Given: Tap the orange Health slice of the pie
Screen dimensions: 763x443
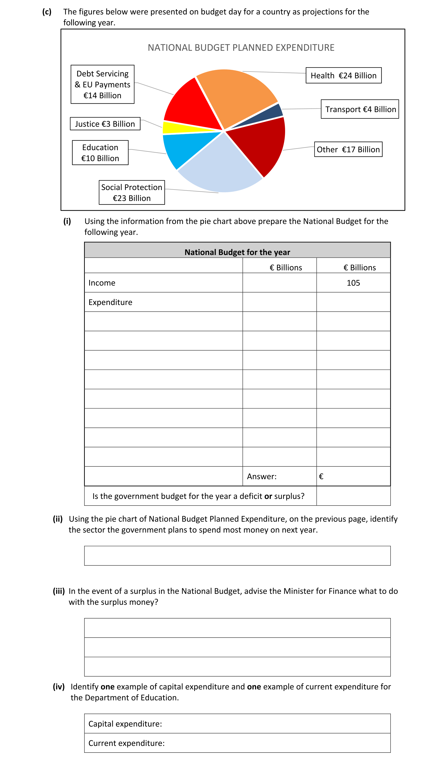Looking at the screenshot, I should (233, 94).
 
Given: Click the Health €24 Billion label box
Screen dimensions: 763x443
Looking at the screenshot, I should (343, 75).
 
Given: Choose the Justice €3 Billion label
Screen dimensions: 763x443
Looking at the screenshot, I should (105, 124).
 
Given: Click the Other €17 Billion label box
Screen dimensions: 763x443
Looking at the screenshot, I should (348, 149).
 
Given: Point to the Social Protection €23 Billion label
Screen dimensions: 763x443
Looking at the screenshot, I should (132, 192).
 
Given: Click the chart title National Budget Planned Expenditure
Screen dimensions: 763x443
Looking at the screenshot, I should (241, 48).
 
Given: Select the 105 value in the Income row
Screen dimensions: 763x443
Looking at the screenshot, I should (353, 283).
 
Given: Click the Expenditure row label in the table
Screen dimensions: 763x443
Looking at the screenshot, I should (110, 302).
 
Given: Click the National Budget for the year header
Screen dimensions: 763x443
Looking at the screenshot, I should (237, 252).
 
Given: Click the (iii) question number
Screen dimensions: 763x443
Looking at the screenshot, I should (59, 591).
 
